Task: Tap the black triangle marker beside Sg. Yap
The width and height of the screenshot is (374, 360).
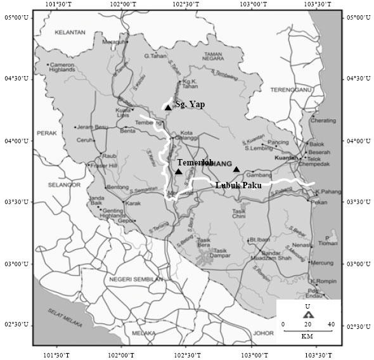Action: tap(168, 108)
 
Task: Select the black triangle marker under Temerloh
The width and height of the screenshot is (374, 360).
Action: tap(179, 171)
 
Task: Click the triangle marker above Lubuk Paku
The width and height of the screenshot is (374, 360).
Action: tap(236, 169)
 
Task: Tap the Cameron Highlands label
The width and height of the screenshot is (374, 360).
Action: tap(63, 68)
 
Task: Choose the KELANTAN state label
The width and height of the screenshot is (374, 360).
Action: tap(69, 32)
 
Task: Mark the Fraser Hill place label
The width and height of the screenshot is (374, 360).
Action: tap(105, 165)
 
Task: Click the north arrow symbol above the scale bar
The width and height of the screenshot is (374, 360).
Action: tap(307, 314)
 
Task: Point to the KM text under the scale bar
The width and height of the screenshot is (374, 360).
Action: tap(307, 335)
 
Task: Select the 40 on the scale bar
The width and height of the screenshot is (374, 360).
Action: tap(330, 325)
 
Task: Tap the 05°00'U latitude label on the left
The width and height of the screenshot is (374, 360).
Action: tap(16, 17)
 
